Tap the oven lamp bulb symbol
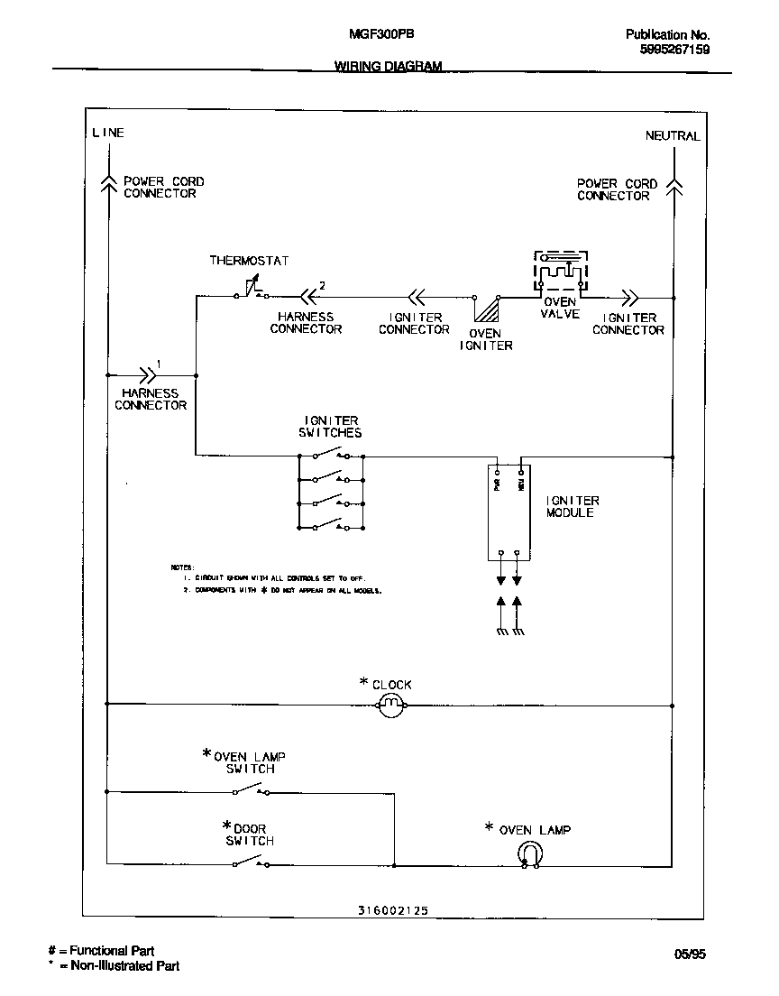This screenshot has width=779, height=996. coord(529,853)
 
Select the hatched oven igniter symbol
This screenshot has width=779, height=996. coord(487,309)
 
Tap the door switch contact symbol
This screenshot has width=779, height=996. coord(250,863)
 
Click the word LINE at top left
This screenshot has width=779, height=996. coord(107,133)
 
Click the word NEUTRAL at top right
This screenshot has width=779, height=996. coord(672,136)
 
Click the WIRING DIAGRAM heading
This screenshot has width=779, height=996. coord(388,66)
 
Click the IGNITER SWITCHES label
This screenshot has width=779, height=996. coord(331,426)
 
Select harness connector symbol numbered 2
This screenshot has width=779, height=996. coord(308,293)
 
